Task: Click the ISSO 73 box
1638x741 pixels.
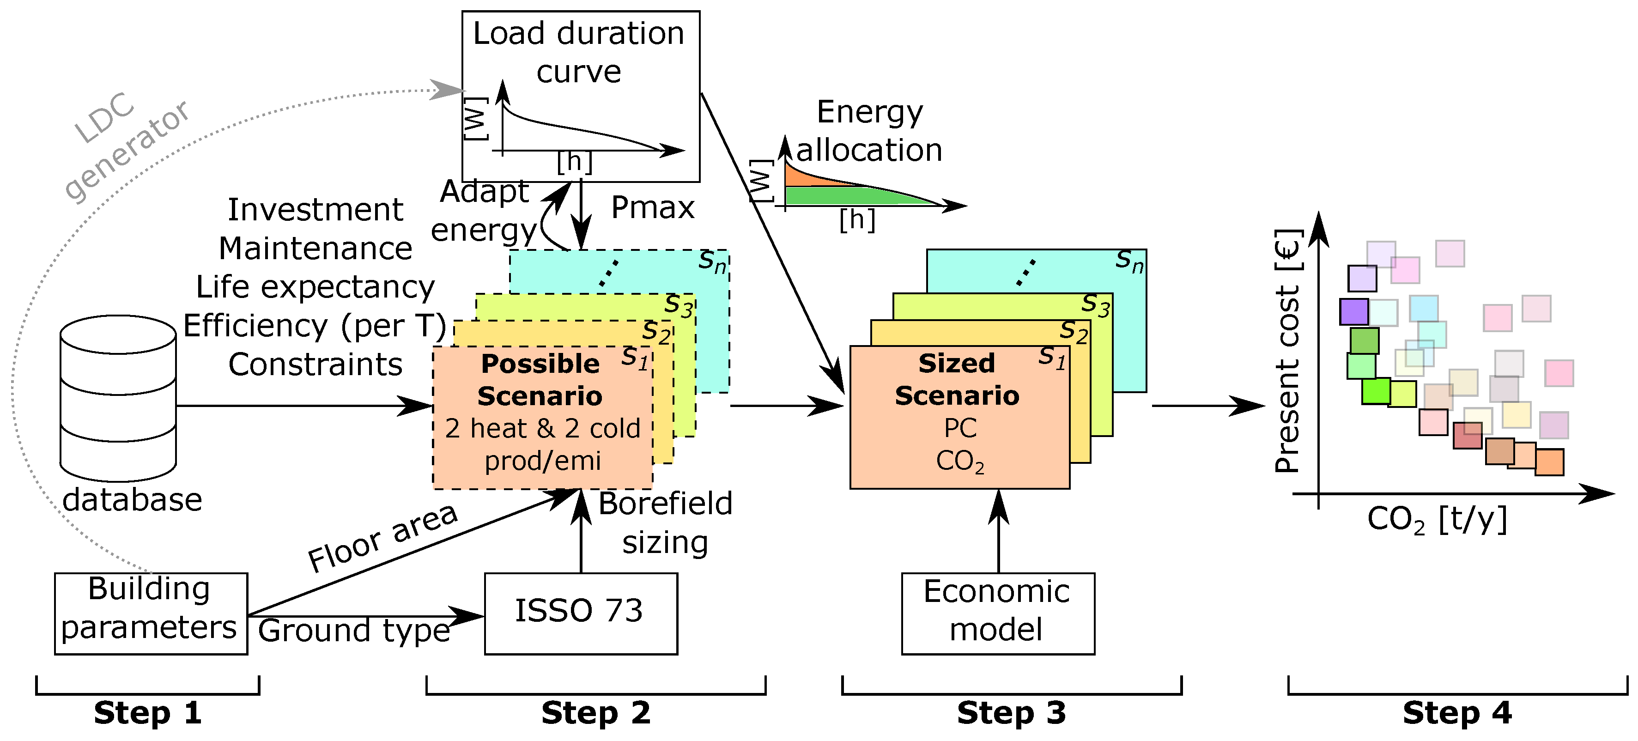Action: coord(581,613)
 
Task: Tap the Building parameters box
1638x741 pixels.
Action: coord(151,613)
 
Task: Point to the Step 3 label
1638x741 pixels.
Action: coord(1011,713)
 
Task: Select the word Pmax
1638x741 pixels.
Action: coord(652,208)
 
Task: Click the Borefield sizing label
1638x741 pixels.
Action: coord(665,523)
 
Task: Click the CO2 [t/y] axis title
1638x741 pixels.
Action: coord(1437,520)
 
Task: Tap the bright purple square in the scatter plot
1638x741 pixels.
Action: coord(1354,312)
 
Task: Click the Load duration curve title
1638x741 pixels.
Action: coord(579,52)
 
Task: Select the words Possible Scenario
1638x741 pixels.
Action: coord(540,380)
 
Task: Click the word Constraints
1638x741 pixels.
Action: coord(315,365)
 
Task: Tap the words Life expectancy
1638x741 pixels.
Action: coord(315,287)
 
